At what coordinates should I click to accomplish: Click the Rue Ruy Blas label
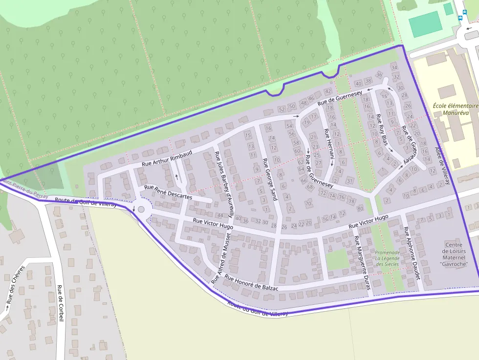(x=382, y=129)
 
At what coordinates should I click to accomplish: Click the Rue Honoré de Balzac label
(x=251, y=283)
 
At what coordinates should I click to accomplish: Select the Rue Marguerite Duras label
(x=363, y=263)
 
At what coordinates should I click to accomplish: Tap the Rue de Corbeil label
(x=61, y=303)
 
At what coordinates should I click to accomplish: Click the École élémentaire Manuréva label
(x=455, y=109)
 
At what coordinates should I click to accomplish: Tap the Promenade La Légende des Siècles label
(x=387, y=258)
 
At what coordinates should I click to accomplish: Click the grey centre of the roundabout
(x=141, y=209)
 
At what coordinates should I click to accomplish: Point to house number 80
(x=360, y=209)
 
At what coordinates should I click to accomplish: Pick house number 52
(x=281, y=109)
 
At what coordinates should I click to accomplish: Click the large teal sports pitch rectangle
(x=426, y=24)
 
